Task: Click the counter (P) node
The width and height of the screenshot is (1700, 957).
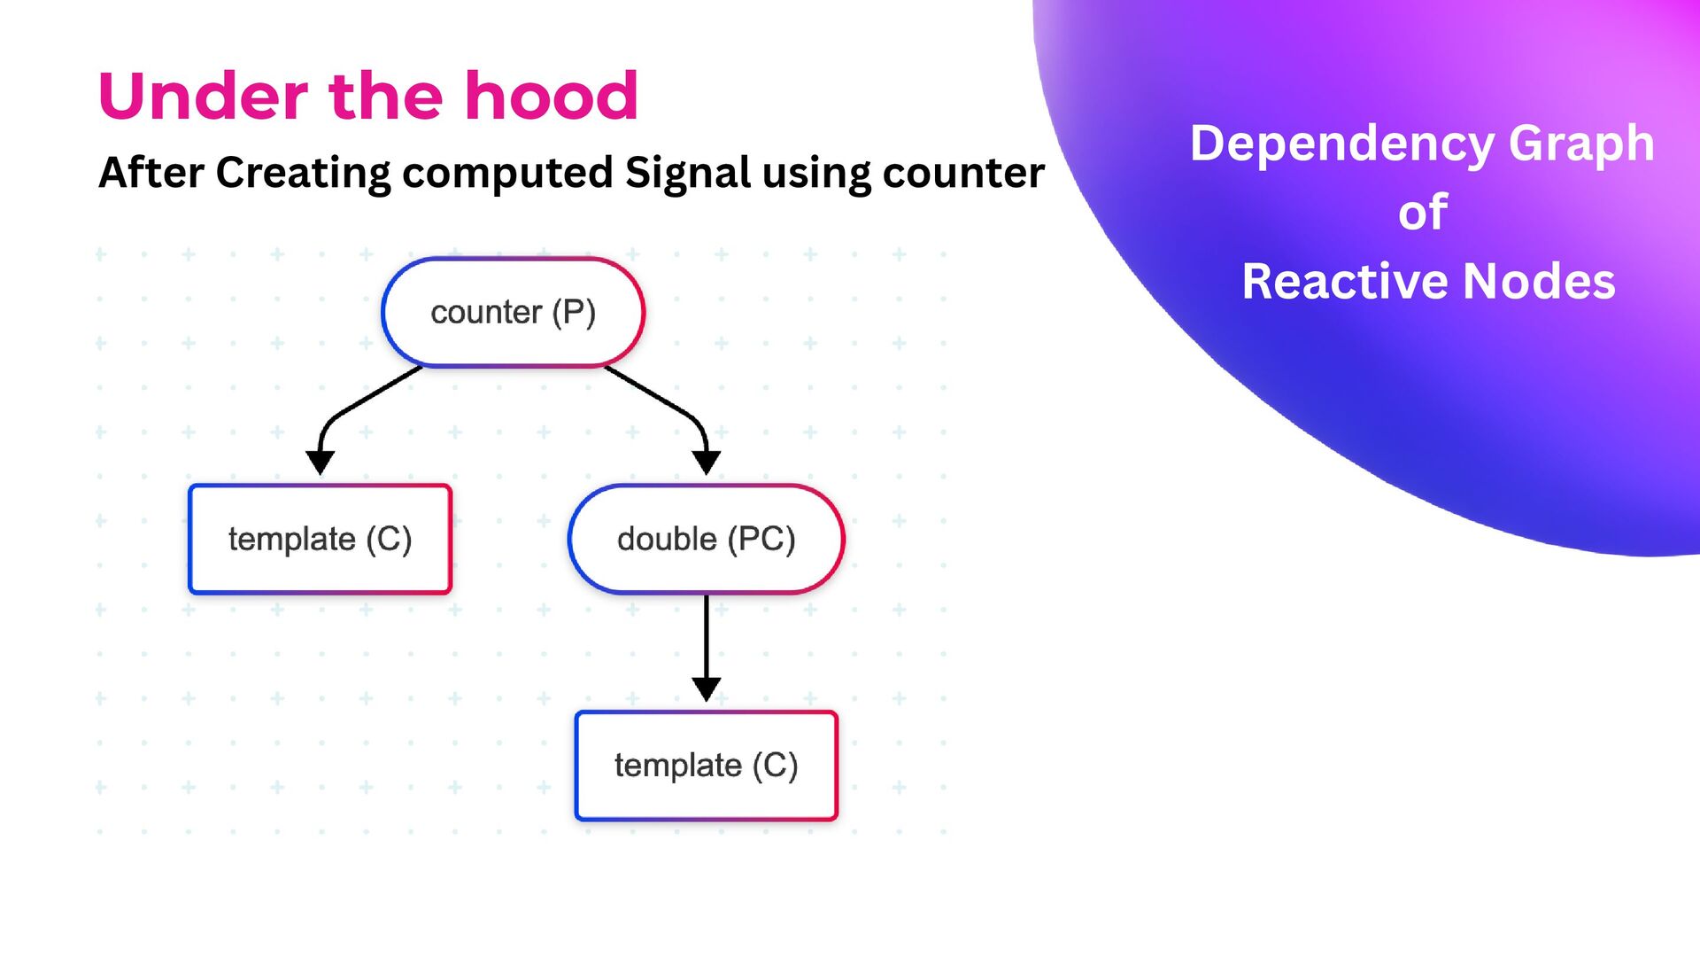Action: [x=513, y=312]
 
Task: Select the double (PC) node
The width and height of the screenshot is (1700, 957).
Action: [x=706, y=539]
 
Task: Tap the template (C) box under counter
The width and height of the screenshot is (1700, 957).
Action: [x=320, y=539]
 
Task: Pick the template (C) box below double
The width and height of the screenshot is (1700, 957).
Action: [x=706, y=766]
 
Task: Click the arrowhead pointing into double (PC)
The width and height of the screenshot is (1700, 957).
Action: [x=706, y=462]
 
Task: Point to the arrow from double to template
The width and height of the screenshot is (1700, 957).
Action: [x=706, y=647]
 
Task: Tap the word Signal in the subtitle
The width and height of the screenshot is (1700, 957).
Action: [x=688, y=172]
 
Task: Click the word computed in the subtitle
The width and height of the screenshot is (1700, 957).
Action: [x=507, y=174]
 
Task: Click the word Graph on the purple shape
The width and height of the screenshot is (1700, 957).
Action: [x=1581, y=145]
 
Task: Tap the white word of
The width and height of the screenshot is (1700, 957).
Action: [x=1423, y=213]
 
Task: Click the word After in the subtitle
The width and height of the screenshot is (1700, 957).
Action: [x=151, y=172]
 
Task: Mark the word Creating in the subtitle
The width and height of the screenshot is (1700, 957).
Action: [x=303, y=174]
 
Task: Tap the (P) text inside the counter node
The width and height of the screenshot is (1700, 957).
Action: [x=574, y=312]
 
